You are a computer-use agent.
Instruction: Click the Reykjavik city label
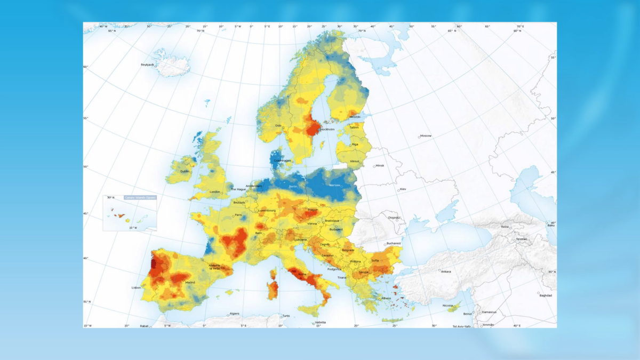[147, 65]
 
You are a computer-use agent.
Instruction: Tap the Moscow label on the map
[426, 135]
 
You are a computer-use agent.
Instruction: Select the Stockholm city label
[326, 129]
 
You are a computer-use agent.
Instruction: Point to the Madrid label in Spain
[190, 282]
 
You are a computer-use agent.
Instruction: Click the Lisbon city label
[137, 287]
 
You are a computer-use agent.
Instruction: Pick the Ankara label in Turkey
[446, 271]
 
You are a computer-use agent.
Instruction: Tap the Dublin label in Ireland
[185, 171]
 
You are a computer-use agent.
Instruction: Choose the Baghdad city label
[546, 295]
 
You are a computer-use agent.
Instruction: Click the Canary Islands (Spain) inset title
[140, 197]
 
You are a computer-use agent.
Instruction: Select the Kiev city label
[403, 189]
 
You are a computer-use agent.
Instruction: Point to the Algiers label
[234, 314]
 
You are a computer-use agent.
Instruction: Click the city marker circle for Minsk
[374, 166]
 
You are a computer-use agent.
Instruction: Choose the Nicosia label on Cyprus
[448, 306]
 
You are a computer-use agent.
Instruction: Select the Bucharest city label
[394, 243]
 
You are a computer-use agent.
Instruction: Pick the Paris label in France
[238, 215]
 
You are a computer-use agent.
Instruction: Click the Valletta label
[320, 323]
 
